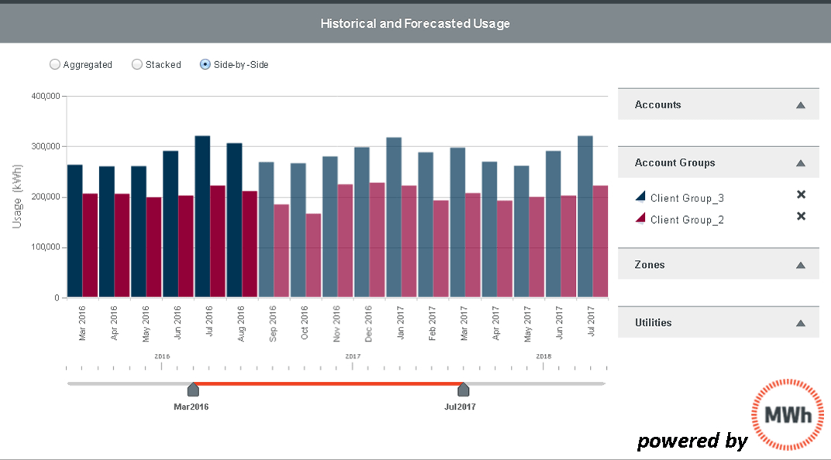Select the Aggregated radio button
point(55,65)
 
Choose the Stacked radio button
point(137,65)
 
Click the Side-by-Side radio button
point(205,65)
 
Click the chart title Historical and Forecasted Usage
point(415,23)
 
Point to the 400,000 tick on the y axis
point(45,96)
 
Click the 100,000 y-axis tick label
point(45,248)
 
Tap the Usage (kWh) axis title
point(18,197)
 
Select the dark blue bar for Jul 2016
point(202,217)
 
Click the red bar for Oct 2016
point(313,256)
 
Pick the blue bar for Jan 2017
point(394,218)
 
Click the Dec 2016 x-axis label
point(369,322)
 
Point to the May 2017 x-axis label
point(529,322)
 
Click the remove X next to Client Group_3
point(802,194)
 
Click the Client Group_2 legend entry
point(687,220)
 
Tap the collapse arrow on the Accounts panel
point(801,105)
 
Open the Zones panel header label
point(650,265)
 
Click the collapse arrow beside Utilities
point(801,323)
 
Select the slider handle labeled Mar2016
point(193,390)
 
